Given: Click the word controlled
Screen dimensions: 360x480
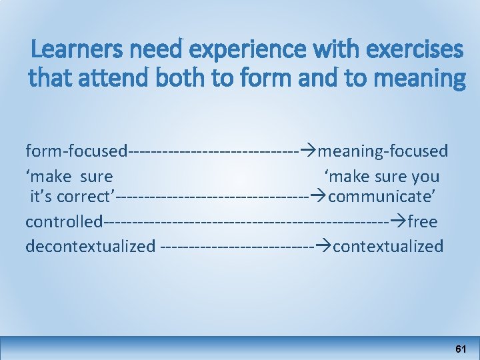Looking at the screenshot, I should [x=64, y=221].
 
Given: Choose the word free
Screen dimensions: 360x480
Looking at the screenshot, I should [x=422, y=221].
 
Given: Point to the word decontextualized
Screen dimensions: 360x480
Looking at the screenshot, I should [x=90, y=246].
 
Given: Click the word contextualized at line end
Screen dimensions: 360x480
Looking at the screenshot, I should [x=388, y=246].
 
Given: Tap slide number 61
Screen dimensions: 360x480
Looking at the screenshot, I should [x=461, y=349].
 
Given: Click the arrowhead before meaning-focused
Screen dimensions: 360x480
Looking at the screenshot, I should [x=308, y=151].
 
